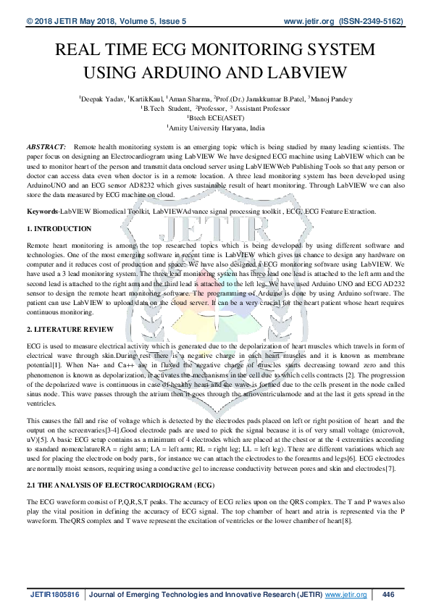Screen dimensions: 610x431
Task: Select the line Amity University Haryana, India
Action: pyautogui.click(x=217, y=127)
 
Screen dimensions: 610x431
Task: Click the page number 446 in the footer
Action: pyautogui.click(x=388, y=595)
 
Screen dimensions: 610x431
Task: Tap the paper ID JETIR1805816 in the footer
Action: pyautogui.click(x=54, y=595)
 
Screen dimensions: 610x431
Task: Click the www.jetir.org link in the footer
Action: pyautogui.click(x=346, y=595)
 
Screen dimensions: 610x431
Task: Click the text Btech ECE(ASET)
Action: pyautogui.click(x=215, y=117)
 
